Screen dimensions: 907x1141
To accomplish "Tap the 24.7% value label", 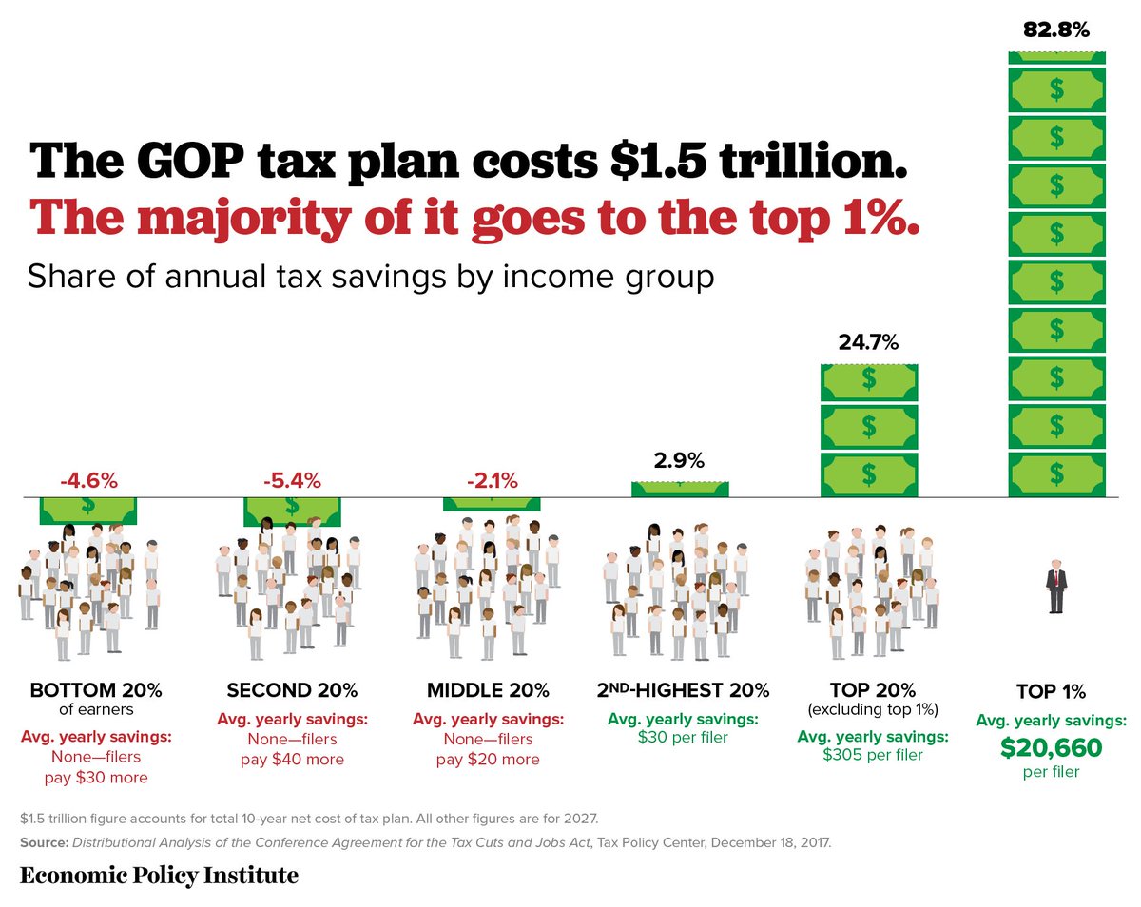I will point(868,342).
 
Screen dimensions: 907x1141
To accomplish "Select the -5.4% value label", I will point(292,480).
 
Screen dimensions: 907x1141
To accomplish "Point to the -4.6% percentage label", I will point(88,480).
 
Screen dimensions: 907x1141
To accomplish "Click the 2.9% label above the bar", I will point(679,462).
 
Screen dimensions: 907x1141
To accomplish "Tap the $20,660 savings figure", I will point(1051,748).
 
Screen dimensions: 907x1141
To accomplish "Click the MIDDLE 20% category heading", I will point(489,689).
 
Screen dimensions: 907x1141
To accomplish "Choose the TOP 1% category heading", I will point(1051,691).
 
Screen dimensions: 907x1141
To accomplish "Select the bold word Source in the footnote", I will point(44,842).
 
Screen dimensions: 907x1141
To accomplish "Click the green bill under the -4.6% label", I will point(87,510).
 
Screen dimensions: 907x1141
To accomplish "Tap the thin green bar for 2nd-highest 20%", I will point(680,489).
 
